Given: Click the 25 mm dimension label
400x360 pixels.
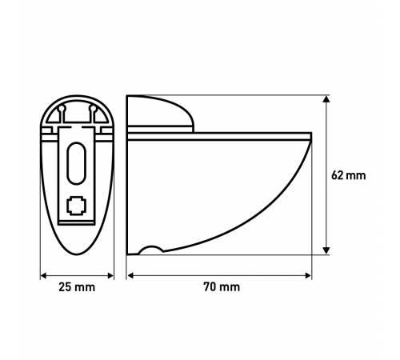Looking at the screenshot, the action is [77, 287].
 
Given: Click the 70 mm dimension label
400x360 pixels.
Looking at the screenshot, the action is [222, 287].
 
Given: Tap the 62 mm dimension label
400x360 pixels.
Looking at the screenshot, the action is [349, 175].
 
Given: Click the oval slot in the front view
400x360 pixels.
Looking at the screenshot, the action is [77, 163].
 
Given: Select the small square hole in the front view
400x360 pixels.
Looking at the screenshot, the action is [77, 206].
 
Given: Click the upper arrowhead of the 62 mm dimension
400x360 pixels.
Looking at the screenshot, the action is [326, 99].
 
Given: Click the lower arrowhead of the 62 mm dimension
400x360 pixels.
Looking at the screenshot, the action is [326, 250].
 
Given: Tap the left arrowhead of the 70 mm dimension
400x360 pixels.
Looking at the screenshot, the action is [130, 275].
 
